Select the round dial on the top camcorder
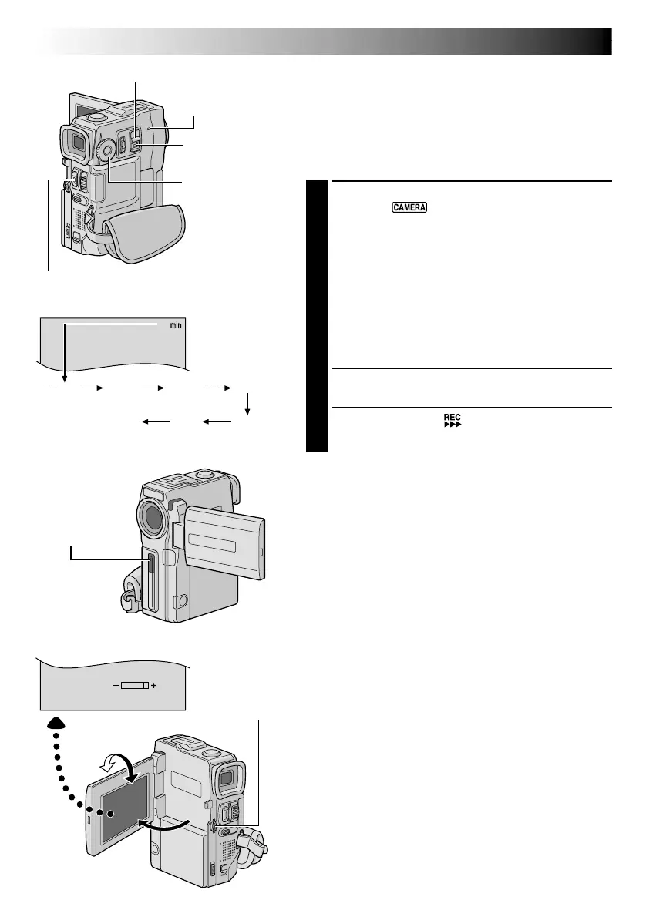pos(106,151)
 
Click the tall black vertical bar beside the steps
pos(317,317)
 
